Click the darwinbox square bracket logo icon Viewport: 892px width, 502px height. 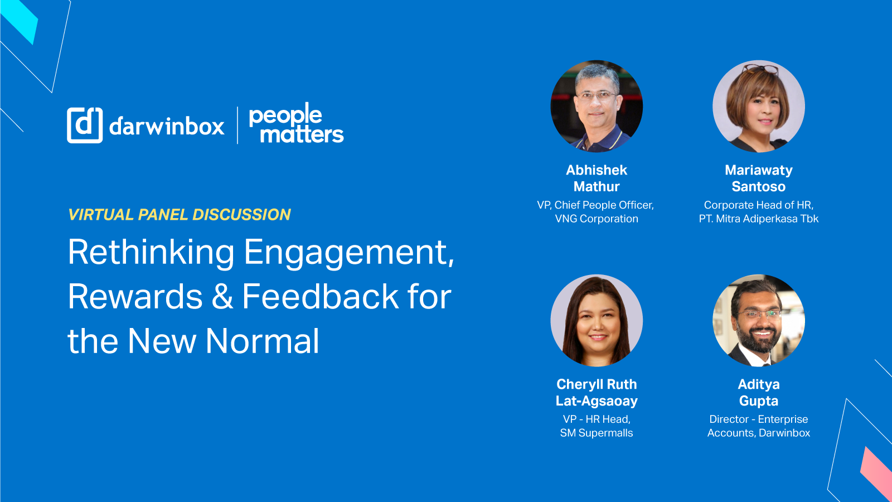click(x=85, y=125)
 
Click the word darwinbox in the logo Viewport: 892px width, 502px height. click(x=167, y=127)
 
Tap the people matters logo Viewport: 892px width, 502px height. click(x=295, y=124)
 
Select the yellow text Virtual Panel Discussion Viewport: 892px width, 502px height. click(x=180, y=215)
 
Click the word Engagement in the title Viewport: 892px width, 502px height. click(x=349, y=253)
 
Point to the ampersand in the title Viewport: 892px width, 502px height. click(x=222, y=297)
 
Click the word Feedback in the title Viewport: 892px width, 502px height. click(x=321, y=297)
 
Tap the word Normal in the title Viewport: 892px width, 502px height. click(x=263, y=341)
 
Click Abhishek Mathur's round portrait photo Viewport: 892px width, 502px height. click(x=597, y=106)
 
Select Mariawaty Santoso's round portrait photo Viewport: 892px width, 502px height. click(x=758, y=106)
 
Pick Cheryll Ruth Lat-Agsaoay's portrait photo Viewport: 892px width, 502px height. click(x=597, y=320)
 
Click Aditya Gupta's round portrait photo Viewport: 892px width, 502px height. click(x=758, y=320)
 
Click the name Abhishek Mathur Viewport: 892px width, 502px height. click(x=597, y=178)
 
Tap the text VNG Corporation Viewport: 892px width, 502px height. click(x=597, y=219)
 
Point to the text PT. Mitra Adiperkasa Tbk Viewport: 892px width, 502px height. click(x=758, y=219)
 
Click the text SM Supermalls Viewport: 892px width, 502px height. click(x=597, y=433)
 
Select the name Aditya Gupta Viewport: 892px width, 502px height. click(x=758, y=392)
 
